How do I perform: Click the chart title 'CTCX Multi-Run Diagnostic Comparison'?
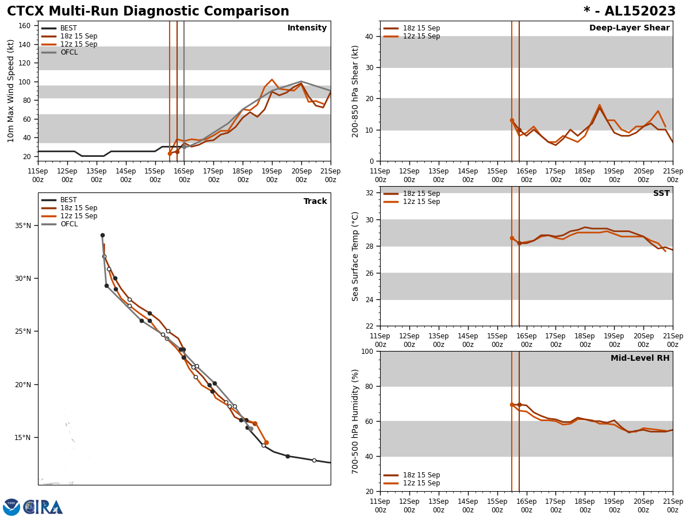click(x=148, y=11)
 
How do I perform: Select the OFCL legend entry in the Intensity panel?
click(x=68, y=52)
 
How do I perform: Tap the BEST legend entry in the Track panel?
click(x=68, y=200)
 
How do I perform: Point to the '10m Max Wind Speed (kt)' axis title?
click(x=11, y=91)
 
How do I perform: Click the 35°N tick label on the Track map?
click(x=23, y=226)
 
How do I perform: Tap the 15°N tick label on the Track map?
click(x=23, y=438)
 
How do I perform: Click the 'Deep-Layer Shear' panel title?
click(x=629, y=28)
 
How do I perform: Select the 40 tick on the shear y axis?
click(x=369, y=36)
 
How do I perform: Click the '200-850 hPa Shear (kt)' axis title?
click(x=356, y=91)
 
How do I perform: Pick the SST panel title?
click(x=661, y=194)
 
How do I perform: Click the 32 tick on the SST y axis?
click(x=369, y=193)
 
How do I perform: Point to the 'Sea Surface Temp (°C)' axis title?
click(x=356, y=256)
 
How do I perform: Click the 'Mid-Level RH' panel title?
click(x=639, y=358)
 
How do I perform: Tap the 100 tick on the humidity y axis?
click(x=366, y=351)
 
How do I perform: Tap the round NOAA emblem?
click(x=11, y=507)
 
